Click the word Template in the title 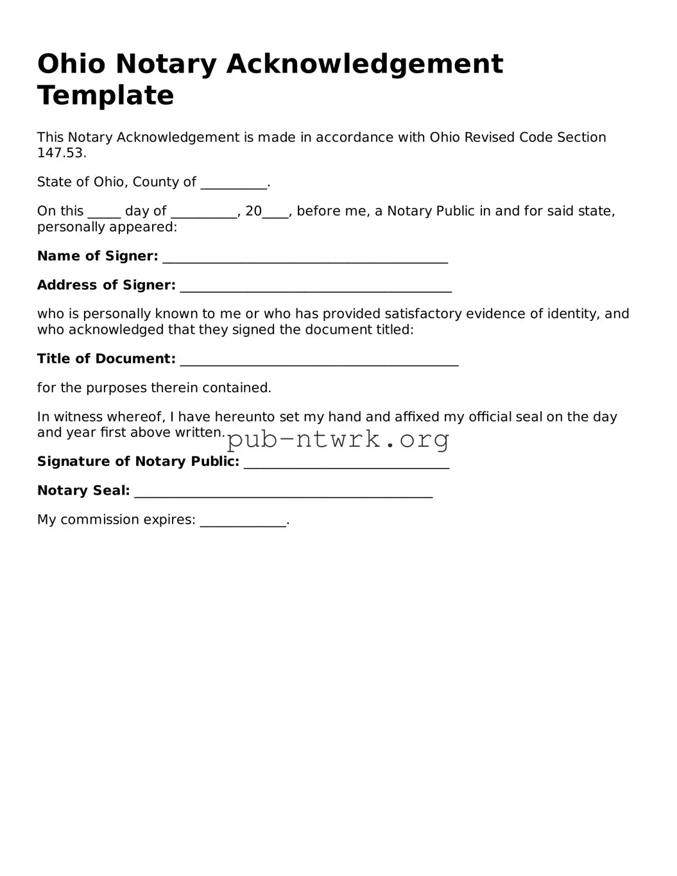point(105,96)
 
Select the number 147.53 point(61,153)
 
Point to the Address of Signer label point(106,285)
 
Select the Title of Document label point(106,359)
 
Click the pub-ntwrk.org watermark point(338,440)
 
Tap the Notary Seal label point(83,490)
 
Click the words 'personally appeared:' point(107,227)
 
